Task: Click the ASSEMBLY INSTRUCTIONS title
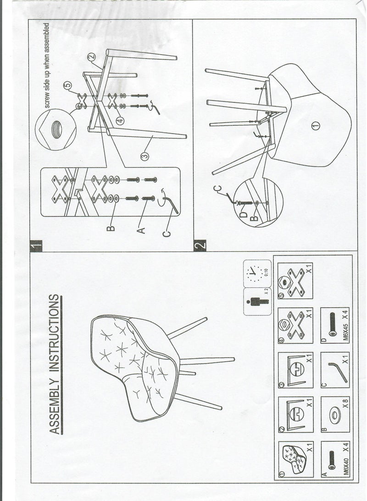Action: [x=55, y=365]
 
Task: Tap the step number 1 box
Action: [x=36, y=246]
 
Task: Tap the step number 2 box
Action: [x=200, y=246]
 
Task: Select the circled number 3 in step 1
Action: [x=145, y=157]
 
